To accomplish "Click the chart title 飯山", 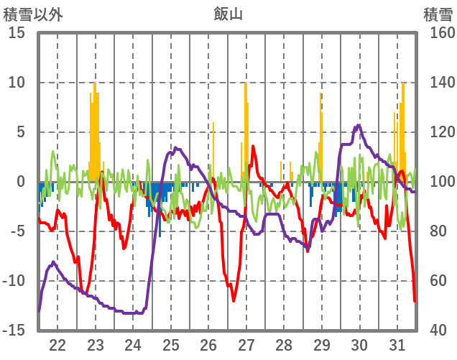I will coord(228,13).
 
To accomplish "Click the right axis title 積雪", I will coord(436,13).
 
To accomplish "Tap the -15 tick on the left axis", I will coord(16,331).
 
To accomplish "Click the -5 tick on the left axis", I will coord(19,231).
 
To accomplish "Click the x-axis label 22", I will coord(57,344).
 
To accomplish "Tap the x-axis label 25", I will coord(171,344).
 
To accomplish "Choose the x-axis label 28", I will coord(284,344).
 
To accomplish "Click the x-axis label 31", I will coord(397,344).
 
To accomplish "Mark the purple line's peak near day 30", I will coord(359,126).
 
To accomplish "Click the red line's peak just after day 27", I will coord(253,147).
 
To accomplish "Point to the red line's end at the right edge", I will coord(415,300).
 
